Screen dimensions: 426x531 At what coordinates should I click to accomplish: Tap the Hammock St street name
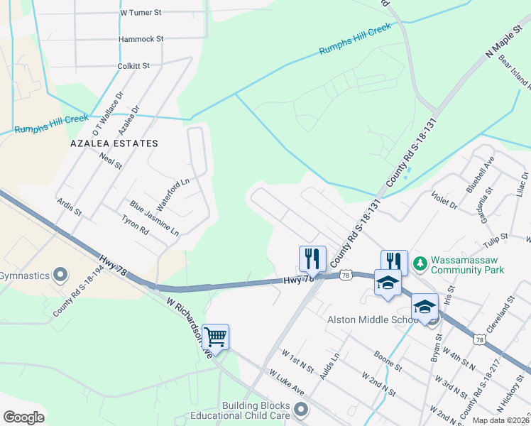141,39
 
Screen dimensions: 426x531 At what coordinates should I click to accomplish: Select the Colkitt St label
133,66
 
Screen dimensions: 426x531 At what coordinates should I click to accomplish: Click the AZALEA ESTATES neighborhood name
114,143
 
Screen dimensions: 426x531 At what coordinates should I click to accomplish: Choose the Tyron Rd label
134,226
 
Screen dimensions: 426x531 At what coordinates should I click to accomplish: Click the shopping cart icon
215,337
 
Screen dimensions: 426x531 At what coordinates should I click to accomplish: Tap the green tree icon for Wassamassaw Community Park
420,263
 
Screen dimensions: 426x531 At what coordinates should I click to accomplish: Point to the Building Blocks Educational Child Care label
245,410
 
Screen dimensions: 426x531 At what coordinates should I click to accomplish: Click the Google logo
23,417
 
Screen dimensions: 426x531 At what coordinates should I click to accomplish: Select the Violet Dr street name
444,200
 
